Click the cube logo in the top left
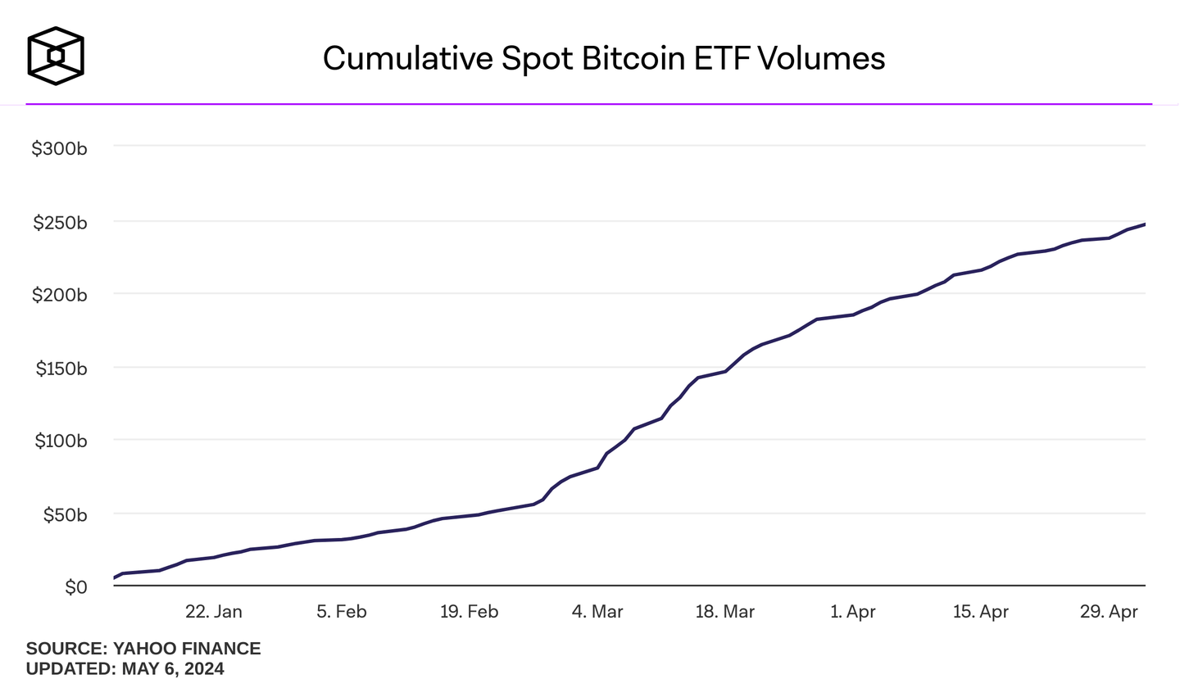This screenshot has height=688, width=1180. coord(56,56)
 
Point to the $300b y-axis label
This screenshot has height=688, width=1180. coord(59,149)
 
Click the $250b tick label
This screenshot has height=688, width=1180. coord(59,223)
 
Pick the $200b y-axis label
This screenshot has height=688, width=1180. coord(59,296)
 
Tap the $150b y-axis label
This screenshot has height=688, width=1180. coord(59,369)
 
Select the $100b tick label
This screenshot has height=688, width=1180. coord(59,441)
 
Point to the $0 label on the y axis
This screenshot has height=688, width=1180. coord(76,588)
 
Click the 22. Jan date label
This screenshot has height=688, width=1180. coord(213,613)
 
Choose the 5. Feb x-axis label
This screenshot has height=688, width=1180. coord(341,613)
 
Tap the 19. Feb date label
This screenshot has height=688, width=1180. coord(469,613)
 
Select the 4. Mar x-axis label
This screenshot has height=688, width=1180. coord(597,613)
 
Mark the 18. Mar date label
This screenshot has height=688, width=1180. coord(724,613)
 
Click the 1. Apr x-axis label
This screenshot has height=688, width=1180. coord(853,613)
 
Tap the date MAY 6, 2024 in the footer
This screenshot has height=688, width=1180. coord(173,669)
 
